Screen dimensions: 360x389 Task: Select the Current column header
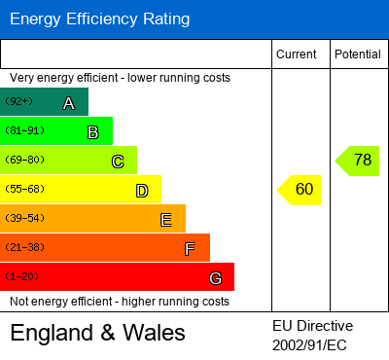click(x=297, y=54)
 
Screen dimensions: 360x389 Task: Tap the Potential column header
click(x=357, y=54)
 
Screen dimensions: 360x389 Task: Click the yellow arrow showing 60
click(x=300, y=190)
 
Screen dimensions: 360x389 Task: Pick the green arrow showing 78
click(x=358, y=161)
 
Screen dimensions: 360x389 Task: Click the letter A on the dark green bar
click(x=68, y=103)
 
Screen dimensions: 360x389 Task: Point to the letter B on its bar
click(x=92, y=132)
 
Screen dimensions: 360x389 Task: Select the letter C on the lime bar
click(x=117, y=162)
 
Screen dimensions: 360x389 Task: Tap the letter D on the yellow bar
click(x=141, y=191)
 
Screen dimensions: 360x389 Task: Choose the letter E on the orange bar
click(x=165, y=220)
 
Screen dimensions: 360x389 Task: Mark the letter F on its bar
click(x=190, y=249)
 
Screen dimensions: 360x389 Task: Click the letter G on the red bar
click(x=214, y=278)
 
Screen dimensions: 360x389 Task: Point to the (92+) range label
click(x=18, y=101)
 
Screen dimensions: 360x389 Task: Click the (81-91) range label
click(x=23, y=130)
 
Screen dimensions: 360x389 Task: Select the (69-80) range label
click(x=23, y=160)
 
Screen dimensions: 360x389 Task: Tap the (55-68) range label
click(x=23, y=189)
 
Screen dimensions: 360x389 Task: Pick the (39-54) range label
click(x=23, y=218)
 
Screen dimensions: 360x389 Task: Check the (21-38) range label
click(x=23, y=247)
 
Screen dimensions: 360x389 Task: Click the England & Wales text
click(x=97, y=333)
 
